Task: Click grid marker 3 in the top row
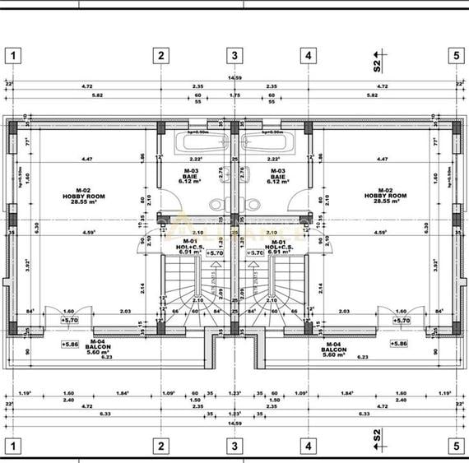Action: [x=234, y=56]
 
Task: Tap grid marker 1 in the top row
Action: [x=14, y=56]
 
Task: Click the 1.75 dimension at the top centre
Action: [x=234, y=95]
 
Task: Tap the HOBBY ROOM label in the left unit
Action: [x=80, y=197]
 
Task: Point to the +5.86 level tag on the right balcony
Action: [x=398, y=344]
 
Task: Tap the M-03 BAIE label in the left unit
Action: [x=195, y=174]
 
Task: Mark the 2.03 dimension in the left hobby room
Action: [x=126, y=311]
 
